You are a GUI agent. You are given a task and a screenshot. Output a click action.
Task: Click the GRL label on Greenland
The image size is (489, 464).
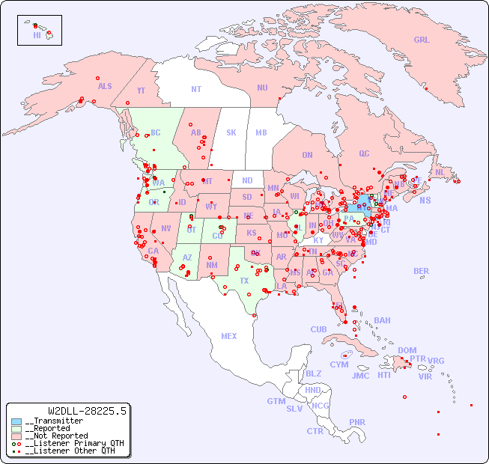(x=422, y=40)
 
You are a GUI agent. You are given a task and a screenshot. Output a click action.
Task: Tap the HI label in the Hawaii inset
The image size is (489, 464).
(x=37, y=35)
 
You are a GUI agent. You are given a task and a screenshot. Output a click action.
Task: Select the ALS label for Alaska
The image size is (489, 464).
(x=105, y=87)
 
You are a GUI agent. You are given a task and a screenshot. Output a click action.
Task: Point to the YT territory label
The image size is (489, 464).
(x=141, y=91)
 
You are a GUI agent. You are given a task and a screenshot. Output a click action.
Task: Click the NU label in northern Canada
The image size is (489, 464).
(x=262, y=88)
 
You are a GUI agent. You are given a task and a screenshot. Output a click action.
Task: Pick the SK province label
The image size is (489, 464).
(x=231, y=132)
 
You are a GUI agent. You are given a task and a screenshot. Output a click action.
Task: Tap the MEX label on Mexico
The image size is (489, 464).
(x=229, y=336)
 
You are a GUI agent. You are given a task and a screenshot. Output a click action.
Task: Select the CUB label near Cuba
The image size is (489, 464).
(x=318, y=329)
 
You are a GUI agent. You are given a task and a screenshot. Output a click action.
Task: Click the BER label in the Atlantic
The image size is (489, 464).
(x=421, y=271)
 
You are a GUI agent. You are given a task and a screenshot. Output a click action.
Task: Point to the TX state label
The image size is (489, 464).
(x=244, y=281)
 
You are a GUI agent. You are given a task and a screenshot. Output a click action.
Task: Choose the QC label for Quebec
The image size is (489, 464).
(x=364, y=153)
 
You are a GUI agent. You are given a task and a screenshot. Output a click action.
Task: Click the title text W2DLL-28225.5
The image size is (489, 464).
(x=87, y=411)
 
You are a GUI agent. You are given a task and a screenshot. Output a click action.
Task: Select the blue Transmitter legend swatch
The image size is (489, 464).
(x=16, y=421)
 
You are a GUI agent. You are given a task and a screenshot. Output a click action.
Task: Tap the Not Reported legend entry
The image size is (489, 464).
(x=56, y=436)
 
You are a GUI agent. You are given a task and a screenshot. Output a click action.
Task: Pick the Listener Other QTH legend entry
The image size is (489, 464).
(x=67, y=451)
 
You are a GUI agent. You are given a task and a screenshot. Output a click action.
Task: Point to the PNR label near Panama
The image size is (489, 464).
(x=357, y=422)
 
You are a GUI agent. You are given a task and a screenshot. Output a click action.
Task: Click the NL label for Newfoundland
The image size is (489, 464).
(x=440, y=171)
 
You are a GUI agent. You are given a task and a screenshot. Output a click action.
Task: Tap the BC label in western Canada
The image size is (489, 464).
(x=156, y=132)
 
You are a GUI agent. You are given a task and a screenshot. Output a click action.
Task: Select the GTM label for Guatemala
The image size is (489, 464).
(x=276, y=401)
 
